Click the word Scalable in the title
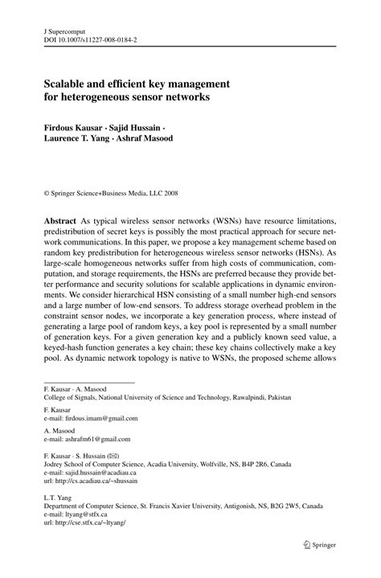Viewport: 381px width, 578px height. tap(70, 83)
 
